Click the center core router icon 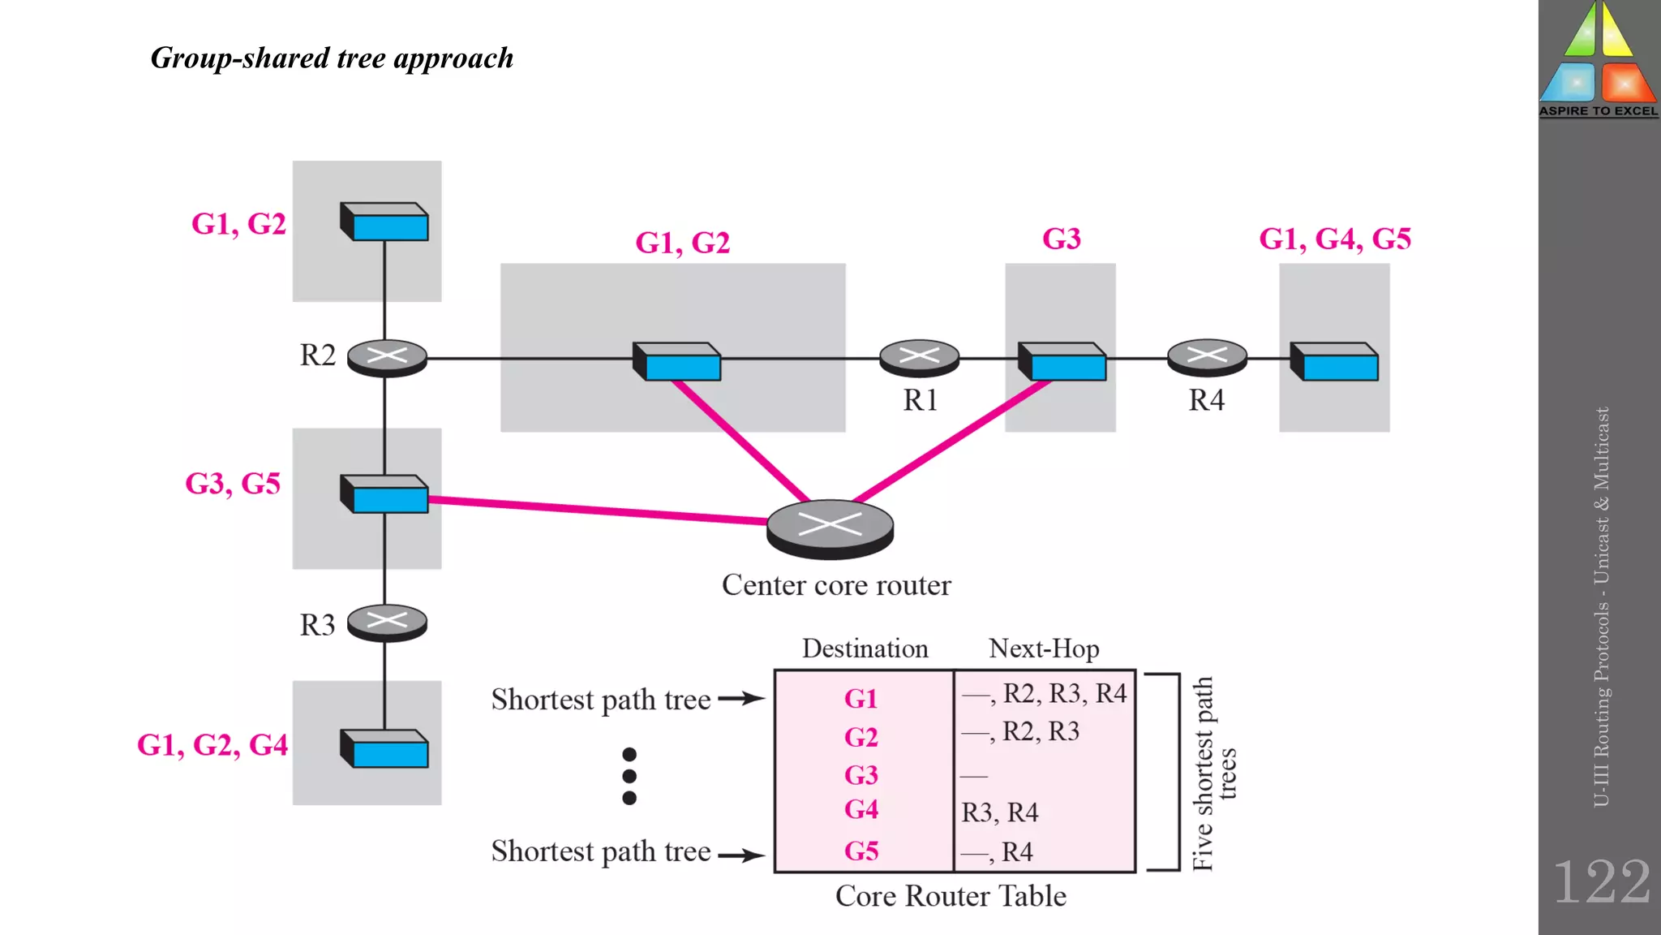830,528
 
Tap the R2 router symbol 387,357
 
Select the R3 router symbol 387,623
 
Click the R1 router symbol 919,357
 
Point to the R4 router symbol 1207,357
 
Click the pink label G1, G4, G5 1334,239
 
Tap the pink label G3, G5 233,484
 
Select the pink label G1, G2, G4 212,745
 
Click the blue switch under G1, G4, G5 1334,362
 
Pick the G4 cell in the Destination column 861,810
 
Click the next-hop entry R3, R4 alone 999,812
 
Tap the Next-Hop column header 1044,648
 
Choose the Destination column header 865,648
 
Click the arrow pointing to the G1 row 741,698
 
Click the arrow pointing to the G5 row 741,855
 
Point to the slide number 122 1601,881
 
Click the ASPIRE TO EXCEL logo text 1599,111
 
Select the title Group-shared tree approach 332,58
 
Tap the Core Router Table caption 951,896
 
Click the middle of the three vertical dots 629,776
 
